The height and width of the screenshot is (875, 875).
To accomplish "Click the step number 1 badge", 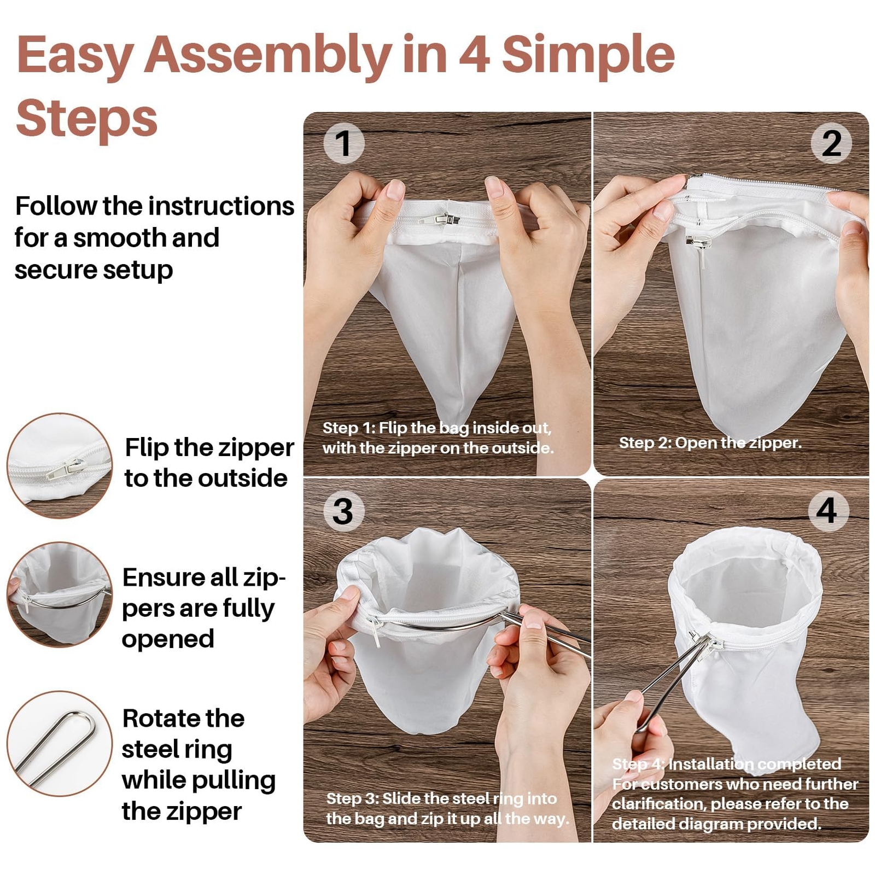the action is tap(343, 143).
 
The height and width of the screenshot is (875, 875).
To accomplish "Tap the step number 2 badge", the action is tap(831, 143).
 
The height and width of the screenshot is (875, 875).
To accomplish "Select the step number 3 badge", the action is tap(343, 511).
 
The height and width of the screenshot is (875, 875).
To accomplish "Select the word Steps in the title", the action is tap(87, 119).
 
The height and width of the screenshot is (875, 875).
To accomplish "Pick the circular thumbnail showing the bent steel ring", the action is tap(59, 743).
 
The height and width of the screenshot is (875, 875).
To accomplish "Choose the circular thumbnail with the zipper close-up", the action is tap(59, 465).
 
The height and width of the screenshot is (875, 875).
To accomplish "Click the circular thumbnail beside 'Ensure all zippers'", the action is tap(59, 594).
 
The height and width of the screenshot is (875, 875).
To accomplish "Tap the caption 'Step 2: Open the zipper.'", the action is tap(710, 443).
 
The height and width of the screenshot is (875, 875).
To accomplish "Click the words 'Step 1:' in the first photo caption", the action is tap(348, 428).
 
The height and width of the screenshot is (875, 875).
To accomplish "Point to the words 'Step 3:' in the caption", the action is tap(352, 798).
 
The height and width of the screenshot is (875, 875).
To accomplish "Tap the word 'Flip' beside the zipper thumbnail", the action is tap(147, 447).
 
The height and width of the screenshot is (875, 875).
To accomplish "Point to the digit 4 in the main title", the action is tap(474, 55).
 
